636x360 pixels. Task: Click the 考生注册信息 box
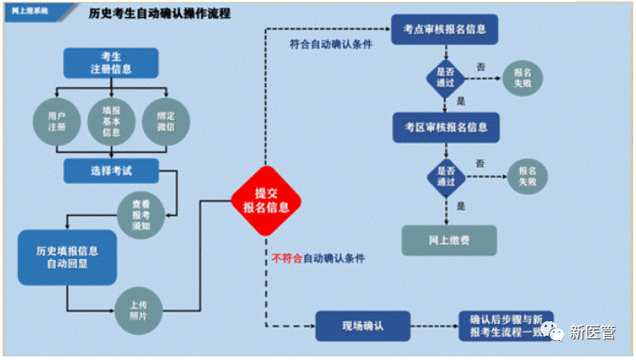point(111,63)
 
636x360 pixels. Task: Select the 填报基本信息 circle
point(112,121)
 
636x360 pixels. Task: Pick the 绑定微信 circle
point(165,121)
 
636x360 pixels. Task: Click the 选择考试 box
point(111,169)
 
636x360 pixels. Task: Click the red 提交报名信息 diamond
point(265,201)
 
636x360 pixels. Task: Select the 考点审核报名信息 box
point(445,29)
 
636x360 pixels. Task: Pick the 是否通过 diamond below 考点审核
point(445,76)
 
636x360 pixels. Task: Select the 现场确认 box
point(363,325)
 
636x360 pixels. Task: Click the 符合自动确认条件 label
point(331,43)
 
